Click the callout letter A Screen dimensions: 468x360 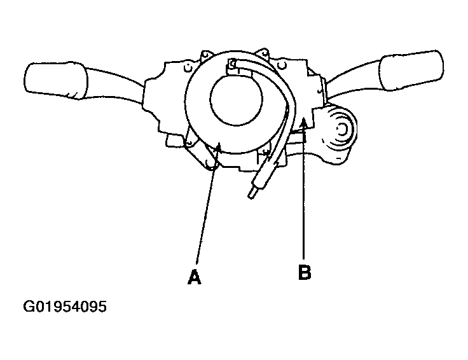pos(195,277)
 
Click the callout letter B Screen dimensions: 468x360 pos(305,272)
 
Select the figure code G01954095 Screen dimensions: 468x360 pos(65,307)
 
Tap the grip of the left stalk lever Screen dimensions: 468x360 pos(55,80)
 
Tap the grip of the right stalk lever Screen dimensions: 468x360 pos(411,70)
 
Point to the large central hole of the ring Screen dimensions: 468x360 pos(236,100)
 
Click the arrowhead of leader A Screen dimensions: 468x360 pos(218,148)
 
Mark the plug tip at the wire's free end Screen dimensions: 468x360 pos(252,192)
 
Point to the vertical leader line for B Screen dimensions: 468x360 pos(303,191)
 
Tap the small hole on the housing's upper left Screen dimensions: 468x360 pos(188,68)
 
